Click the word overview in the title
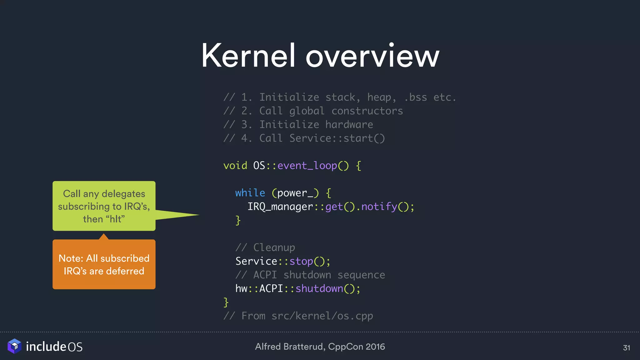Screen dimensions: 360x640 (x=372, y=56)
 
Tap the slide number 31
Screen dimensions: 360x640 (x=626, y=348)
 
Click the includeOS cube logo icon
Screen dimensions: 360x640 (x=14, y=346)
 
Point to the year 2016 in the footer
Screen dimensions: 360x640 (x=375, y=347)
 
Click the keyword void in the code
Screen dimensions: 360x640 (x=235, y=165)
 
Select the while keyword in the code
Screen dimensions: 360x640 (x=250, y=193)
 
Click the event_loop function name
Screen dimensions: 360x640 (x=307, y=165)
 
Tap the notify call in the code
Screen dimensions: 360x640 (x=379, y=207)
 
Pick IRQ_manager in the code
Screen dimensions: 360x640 (x=280, y=207)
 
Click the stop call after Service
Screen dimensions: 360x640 (x=301, y=261)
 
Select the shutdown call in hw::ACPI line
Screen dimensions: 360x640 (x=319, y=288)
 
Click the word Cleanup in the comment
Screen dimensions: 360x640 (x=274, y=247)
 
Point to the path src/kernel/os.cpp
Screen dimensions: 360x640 (x=322, y=316)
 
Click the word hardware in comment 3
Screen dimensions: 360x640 (x=349, y=125)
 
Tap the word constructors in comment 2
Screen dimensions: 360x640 (x=367, y=111)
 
